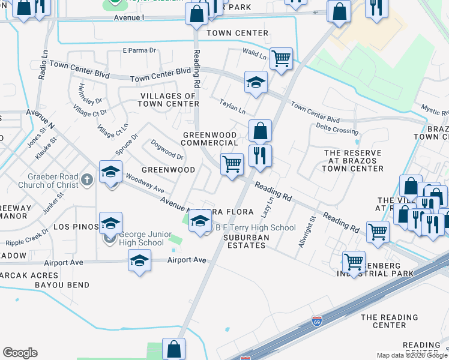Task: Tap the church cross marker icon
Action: (87, 179)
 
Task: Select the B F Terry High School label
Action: (256, 227)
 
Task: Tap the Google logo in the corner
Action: (20, 353)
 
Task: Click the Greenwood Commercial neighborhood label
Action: (209, 139)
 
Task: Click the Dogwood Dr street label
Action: (167, 149)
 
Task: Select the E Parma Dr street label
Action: (139, 50)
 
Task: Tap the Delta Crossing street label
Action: (337, 128)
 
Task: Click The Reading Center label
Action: (390, 321)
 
